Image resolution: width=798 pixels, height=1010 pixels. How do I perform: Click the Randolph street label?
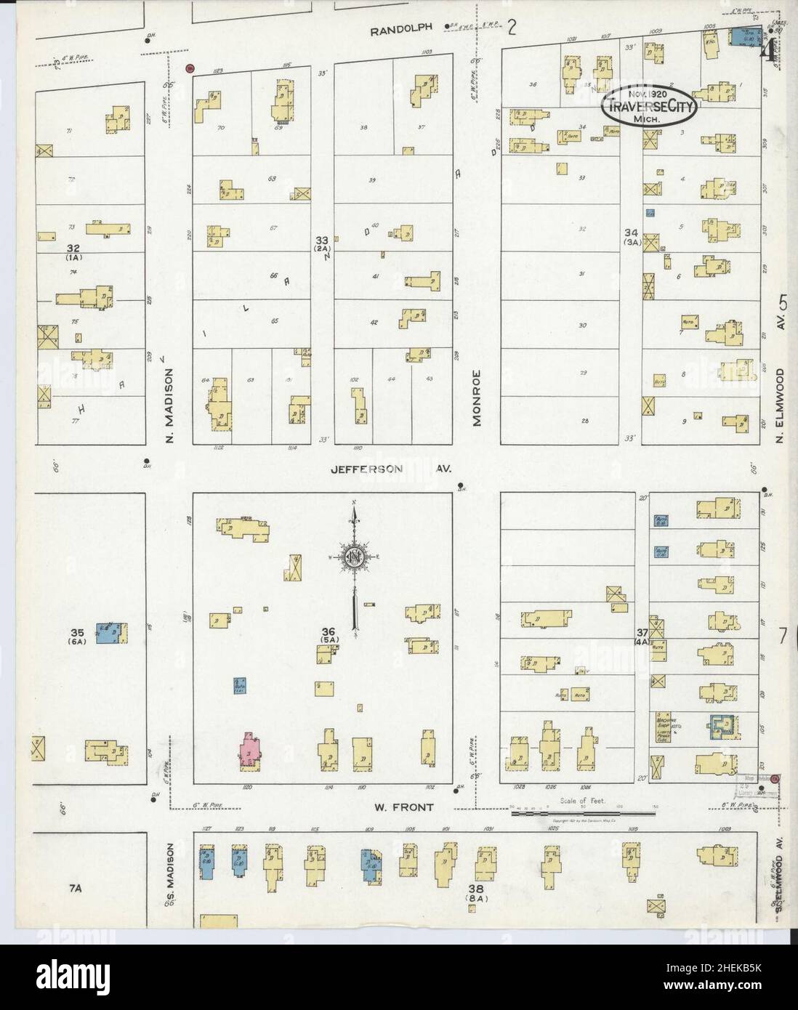(400, 28)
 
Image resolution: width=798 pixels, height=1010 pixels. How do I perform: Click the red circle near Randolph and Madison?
(190, 68)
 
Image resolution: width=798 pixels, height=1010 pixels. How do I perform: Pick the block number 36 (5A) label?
(328, 634)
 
